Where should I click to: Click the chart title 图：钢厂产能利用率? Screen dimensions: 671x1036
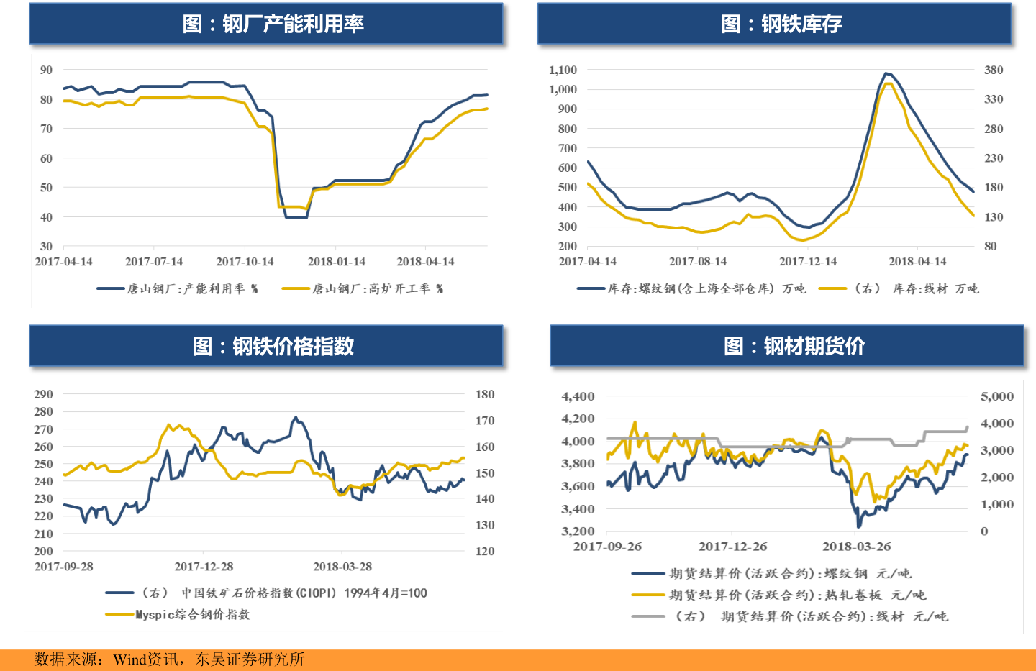click(273, 24)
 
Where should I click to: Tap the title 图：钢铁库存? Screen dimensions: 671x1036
click(781, 24)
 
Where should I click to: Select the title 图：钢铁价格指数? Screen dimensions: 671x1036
click(273, 346)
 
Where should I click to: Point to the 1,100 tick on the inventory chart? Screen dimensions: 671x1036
click(563, 70)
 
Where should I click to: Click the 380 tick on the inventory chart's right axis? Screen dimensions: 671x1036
click(994, 70)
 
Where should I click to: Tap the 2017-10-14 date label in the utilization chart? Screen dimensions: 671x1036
click(245, 262)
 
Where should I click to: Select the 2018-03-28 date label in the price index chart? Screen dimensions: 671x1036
click(342, 567)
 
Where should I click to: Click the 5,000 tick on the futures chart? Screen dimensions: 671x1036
click(996, 396)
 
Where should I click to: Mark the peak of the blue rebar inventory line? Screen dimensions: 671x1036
click(886, 73)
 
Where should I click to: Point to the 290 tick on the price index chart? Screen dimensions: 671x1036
click(43, 394)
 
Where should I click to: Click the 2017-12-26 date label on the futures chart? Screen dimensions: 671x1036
click(732, 547)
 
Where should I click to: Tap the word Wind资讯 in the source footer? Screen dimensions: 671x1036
click(147, 659)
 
